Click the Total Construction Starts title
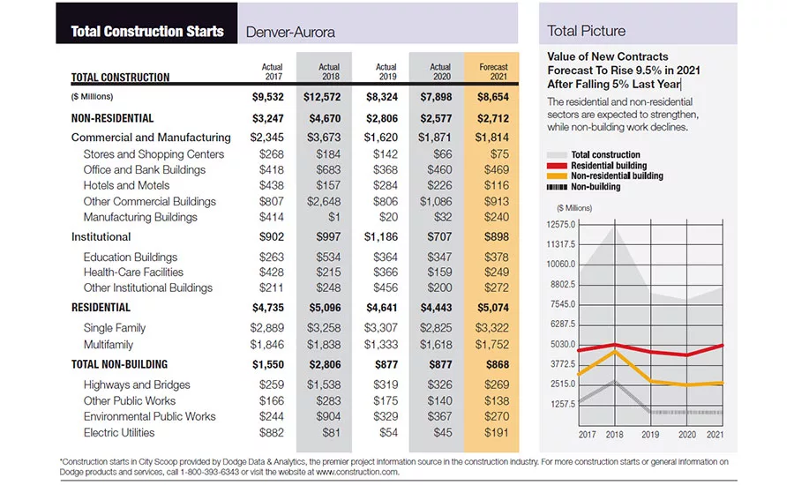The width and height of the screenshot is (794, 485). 146,32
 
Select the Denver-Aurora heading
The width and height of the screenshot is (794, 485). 290,33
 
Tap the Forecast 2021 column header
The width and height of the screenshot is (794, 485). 493,71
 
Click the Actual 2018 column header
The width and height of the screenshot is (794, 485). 329,71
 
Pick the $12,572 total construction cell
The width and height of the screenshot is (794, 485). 322,97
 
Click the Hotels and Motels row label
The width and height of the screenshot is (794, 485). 126,185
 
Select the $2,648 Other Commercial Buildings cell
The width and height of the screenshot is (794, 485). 324,201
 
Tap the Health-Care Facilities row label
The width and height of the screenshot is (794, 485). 134,272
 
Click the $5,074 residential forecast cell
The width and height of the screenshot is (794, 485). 492,308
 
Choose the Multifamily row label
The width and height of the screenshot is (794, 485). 109,345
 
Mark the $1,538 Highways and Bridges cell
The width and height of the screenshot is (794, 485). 324,384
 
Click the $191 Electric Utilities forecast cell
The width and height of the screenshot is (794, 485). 496,433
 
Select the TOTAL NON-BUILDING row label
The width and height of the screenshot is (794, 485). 119,364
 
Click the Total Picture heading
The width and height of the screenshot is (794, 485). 586,31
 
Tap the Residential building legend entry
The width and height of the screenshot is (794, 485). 597,166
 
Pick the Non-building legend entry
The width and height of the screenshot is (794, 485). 583,187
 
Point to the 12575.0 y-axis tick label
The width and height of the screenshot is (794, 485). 561,224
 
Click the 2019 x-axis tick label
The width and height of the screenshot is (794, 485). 650,435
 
